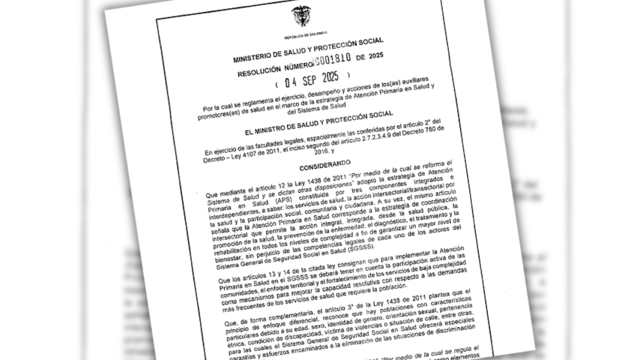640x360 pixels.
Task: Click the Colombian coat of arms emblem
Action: click(301, 16)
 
